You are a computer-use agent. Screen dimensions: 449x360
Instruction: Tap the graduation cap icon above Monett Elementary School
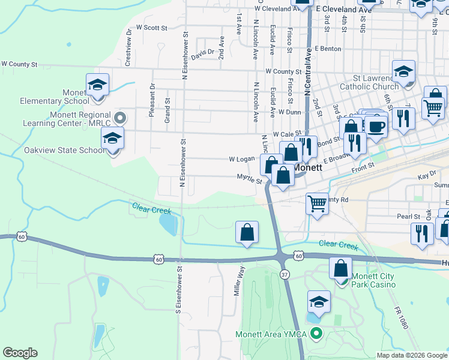tap(97, 85)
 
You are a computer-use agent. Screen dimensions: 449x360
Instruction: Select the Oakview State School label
tap(65, 150)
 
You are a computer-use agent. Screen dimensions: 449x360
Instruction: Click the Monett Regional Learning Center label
tap(67, 119)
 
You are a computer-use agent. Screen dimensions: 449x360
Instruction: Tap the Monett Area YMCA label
tap(273, 334)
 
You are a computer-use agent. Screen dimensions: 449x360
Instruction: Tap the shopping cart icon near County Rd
tap(316, 203)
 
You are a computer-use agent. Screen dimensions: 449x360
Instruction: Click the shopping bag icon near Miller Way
tap(247, 232)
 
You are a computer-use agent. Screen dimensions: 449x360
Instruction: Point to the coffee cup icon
tap(376, 127)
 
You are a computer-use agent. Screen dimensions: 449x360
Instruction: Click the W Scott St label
tap(151, 28)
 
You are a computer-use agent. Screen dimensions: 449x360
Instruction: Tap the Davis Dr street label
tap(203, 52)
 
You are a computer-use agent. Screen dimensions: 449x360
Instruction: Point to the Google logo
tap(20, 353)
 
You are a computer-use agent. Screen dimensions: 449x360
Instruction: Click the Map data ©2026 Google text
tap(411, 355)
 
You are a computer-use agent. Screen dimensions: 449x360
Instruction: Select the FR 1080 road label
tap(402, 316)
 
